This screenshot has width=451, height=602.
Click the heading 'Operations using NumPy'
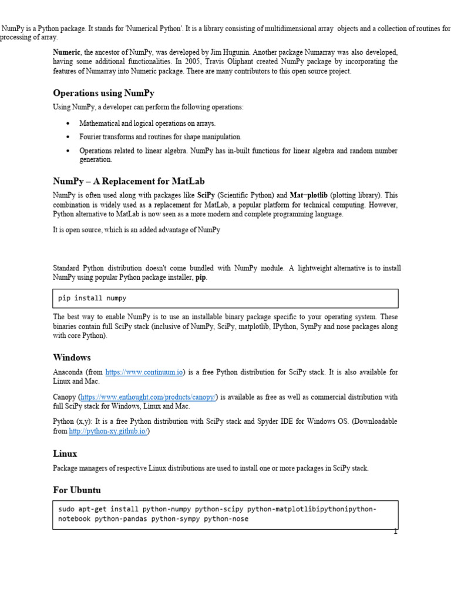[x=103, y=93]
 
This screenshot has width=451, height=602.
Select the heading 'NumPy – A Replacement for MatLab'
[x=129, y=181]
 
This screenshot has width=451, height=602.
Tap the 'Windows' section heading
[x=72, y=357]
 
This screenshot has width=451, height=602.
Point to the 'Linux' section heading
[x=65, y=454]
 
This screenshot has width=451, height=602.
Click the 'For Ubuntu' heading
[x=77, y=490]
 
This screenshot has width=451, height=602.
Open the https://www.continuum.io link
[x=144, y=372]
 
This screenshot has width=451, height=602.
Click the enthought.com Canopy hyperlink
[x=148, y=397]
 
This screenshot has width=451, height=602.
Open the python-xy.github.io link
[x=109, y=431]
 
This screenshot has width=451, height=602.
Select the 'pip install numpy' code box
[x=225, y=298]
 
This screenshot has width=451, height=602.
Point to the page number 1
[x=395, y=532]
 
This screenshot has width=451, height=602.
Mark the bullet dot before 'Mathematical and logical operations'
[x=68, y=123]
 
